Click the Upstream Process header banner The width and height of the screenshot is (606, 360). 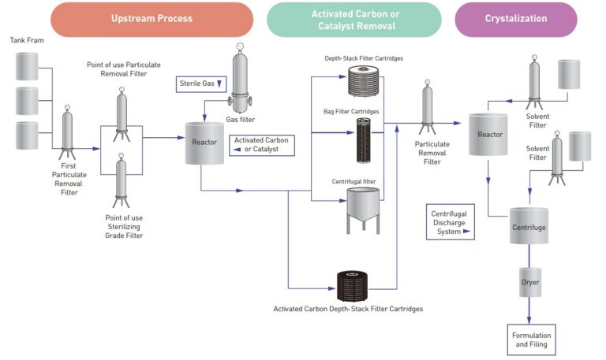[151, 19]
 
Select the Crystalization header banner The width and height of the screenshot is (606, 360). [515, 19]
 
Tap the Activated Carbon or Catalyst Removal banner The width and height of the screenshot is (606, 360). [353, 19]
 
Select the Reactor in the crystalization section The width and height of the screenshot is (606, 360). [489, 135]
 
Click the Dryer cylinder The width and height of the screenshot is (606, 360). [529, 281]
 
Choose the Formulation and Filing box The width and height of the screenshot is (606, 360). [531, 340]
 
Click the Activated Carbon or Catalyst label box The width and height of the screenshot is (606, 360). [262, 145]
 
